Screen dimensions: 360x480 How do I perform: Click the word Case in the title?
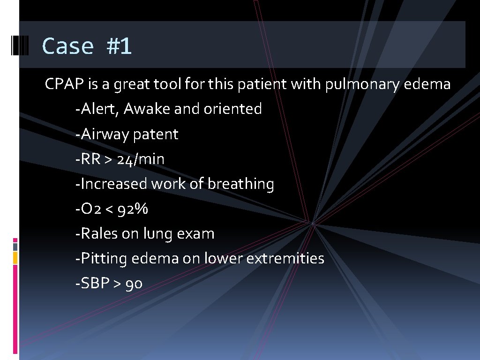[67, 46]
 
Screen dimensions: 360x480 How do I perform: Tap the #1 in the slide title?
[119, 46]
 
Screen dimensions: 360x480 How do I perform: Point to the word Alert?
[100, 109]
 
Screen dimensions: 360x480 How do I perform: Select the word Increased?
[114, 184]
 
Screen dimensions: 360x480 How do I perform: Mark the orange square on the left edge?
[15, 257]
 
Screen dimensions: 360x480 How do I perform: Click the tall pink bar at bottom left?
[15, 309]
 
